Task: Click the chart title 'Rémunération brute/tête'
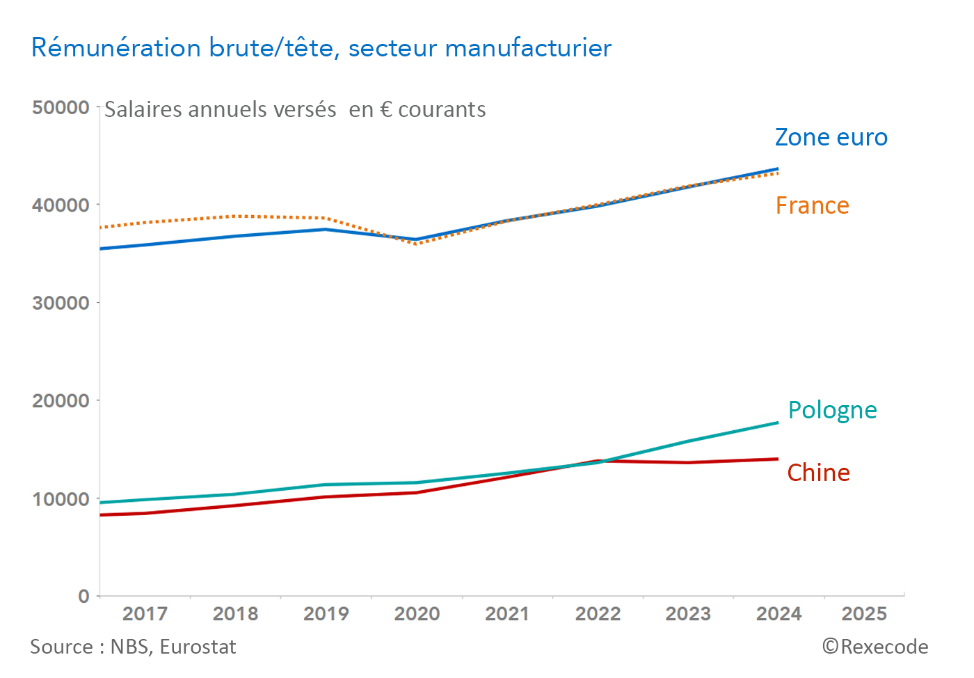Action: click(x=321, y=48)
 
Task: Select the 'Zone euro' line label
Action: click(x=831, y=137)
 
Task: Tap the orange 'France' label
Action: click(x=812, y=205)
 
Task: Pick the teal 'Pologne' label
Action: click(x=832, y=410)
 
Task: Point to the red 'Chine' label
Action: click(x=818, y=473)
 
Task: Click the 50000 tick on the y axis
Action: click(x=61, y=107)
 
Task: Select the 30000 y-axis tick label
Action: click(x=61, y=303)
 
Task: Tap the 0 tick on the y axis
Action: click(x=83, y=596)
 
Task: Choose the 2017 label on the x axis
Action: click(x=145, y=614)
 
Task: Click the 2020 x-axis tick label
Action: click(x=417, y=614)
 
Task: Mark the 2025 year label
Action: click(x=864, y=614)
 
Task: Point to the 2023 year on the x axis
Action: click(x=688, y=614)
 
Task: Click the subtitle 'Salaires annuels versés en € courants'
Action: click(x=295, y=110)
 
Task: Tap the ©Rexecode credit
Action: click(x=875, y=647)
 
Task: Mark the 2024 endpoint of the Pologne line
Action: click(x=777, y=423)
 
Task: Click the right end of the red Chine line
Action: click(x=777, y=459)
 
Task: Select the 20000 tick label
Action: click(x=61, y=401)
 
